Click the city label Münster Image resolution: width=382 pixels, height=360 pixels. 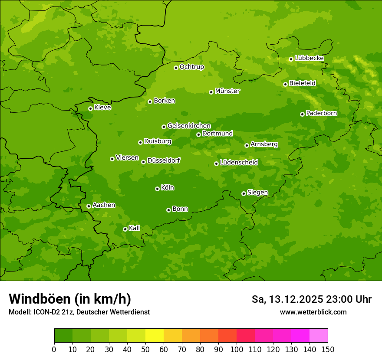click(x=227, y=91)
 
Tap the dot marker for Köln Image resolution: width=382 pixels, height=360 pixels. click(x=157, y=189)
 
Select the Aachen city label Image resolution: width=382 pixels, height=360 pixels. click(x=104, y=205)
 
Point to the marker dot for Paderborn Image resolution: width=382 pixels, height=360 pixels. click(x=302, y=114)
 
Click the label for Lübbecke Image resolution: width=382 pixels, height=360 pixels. click(x=309, y=58)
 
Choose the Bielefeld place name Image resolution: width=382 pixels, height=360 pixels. click(x=302, y=83)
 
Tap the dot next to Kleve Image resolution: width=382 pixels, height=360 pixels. click(x=90, y=108)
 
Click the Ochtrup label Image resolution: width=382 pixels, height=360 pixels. click(x=191, y=67)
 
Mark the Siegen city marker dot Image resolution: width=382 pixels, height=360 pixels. click(x=244, y=193)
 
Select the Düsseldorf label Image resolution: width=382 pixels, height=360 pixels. click(x=163, y=160)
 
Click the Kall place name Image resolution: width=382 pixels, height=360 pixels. click(x=135, y=228)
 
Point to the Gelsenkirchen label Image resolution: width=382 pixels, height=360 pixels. click(x=189, y=126)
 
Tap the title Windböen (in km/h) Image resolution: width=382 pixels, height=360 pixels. click(x=70, y=299)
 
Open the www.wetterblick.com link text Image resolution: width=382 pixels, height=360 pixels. click(x=313, y=312)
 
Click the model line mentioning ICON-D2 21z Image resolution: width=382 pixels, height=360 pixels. click(x=79, y=312)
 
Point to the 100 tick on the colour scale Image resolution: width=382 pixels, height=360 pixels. click(x=237, y=349)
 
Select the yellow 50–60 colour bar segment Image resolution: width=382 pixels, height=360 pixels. click(x=155, y=336)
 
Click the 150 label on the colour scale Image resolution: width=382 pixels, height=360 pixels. click(x=328, y=349)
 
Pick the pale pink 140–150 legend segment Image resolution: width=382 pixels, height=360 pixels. click(x=319, y=336)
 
